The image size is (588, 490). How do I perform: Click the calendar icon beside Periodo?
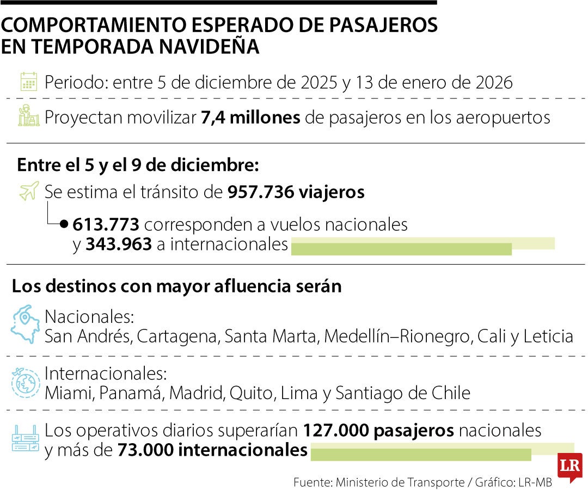[x=28, y=82]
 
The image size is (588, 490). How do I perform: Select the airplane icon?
[x=28, y=191]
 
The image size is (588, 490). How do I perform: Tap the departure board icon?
[x=26, y=439]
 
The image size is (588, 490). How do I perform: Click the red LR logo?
[x=569, y=466]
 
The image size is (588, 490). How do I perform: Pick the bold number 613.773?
[x=106, y=224]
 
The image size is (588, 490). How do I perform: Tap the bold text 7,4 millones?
[x=251, y=117]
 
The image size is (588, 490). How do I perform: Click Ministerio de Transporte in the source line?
[x=399, y=482]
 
